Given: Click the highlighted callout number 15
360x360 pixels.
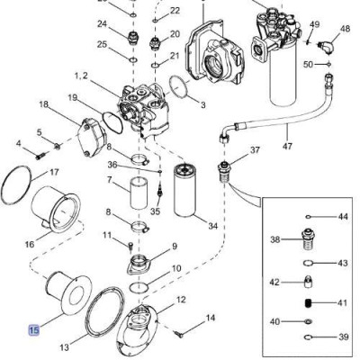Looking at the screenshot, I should point(34,330).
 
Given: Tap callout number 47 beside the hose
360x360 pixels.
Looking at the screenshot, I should point(288,146).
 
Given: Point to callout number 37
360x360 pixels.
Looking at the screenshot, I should point(255,150).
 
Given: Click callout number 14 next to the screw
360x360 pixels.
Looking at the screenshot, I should point(211,318).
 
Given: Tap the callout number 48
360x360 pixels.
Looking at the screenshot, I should point(345,29).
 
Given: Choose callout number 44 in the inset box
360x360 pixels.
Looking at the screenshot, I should point(343,217).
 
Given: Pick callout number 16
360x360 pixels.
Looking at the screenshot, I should point(29,243).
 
